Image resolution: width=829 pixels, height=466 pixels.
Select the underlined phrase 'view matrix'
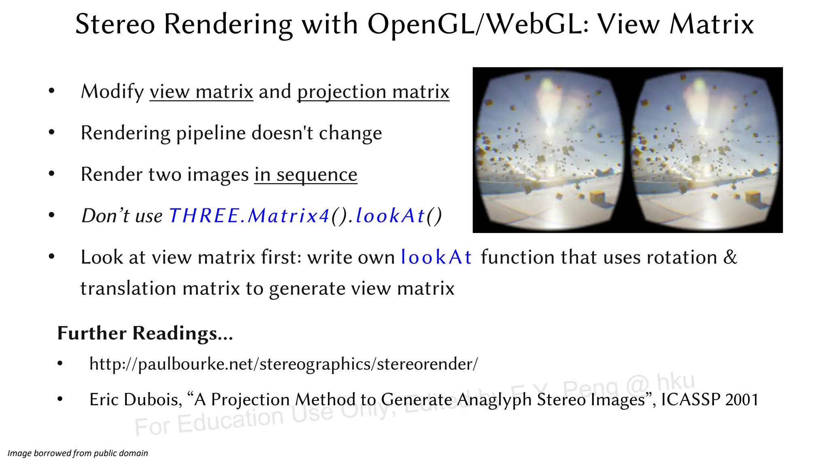(201, 91)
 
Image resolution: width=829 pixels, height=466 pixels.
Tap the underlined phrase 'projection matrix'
(373, 91)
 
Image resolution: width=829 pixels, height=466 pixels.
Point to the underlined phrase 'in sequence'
(306, 174)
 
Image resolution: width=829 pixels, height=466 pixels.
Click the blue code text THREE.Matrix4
(249, 216)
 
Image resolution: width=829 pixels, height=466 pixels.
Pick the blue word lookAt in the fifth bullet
(436, 257)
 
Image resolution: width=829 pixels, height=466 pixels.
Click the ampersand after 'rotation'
(730, 257)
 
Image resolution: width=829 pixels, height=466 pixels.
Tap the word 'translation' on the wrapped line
(128, 288)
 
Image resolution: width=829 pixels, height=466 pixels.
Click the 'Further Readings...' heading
(145, 333)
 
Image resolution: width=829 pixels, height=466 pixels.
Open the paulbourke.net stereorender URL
(283, 364)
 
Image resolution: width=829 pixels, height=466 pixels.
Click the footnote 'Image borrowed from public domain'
(78, 453)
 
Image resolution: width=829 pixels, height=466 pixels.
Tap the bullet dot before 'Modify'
(51, 91)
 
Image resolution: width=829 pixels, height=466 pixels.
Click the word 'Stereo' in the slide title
(115, 24)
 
